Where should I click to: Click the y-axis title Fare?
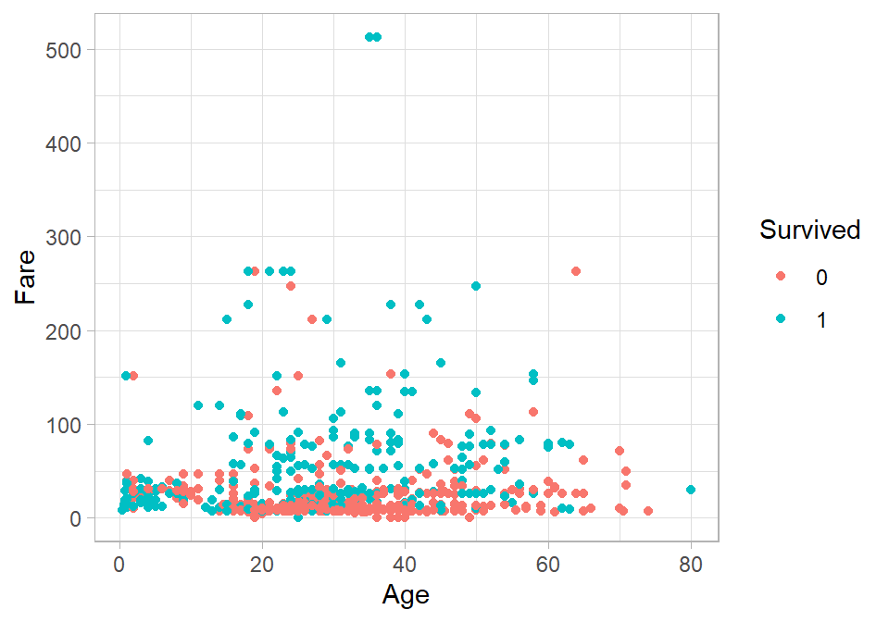27,277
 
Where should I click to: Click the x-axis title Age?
406,593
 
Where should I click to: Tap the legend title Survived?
809,230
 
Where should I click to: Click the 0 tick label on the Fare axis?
75,518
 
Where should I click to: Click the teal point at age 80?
690,490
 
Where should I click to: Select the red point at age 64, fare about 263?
576,271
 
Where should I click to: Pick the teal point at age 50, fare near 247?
476,286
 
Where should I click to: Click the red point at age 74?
647,511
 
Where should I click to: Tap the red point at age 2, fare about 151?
133,376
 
